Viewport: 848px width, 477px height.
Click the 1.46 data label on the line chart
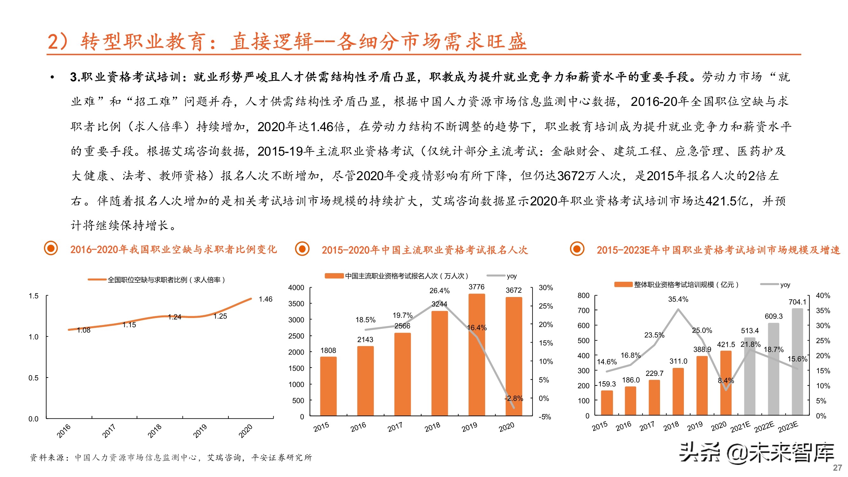coord(265,299)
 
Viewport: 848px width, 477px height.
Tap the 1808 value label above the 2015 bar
coord(328,350)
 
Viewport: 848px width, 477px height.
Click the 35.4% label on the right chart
coord(678,299)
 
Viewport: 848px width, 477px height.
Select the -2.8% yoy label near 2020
coord(514,398)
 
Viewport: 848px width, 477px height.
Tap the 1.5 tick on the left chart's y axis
coord(33,296)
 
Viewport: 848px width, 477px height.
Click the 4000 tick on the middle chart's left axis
coord(296,288)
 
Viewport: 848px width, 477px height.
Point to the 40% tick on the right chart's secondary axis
coord(823,296)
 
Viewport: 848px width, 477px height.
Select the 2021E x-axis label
coord(740,427)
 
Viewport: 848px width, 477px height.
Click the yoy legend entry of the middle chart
coord(511,276)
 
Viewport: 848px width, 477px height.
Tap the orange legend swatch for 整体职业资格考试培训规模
coord(623,284)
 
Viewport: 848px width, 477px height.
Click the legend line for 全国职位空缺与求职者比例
coord(97,280)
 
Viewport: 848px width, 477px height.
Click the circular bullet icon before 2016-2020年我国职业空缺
coord(51,249)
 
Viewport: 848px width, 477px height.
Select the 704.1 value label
coord(797,302)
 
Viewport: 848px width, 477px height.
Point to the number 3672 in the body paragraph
coord(571,176)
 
